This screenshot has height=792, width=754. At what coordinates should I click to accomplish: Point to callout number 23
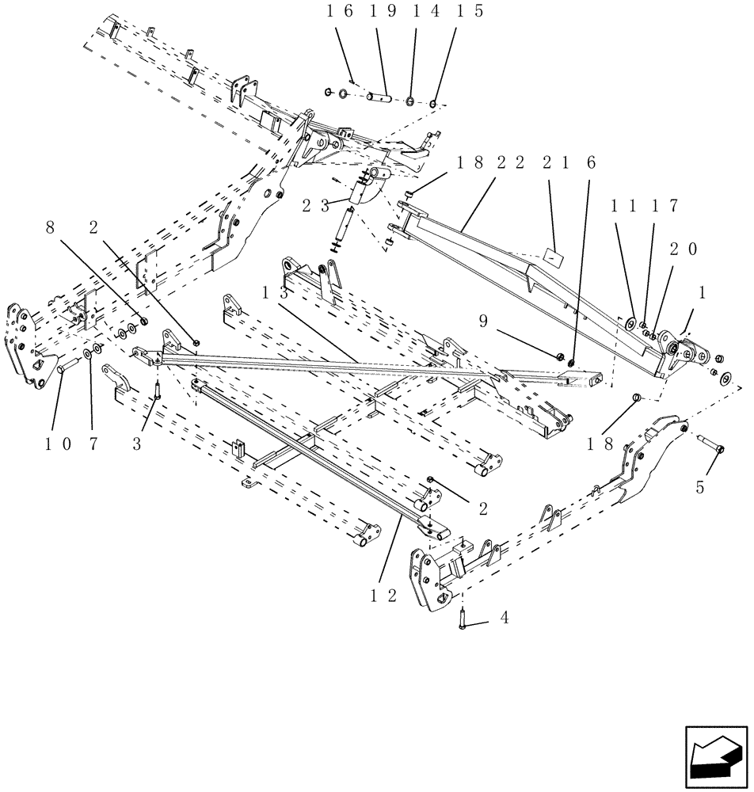315,206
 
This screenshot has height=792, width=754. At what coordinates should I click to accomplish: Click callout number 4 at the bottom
504,617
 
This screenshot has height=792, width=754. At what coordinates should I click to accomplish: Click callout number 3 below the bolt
137,444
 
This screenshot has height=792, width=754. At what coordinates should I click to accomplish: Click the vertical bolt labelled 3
158,389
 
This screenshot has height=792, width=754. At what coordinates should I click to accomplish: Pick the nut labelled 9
561,359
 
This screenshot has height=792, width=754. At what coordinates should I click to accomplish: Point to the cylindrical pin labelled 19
379,98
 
